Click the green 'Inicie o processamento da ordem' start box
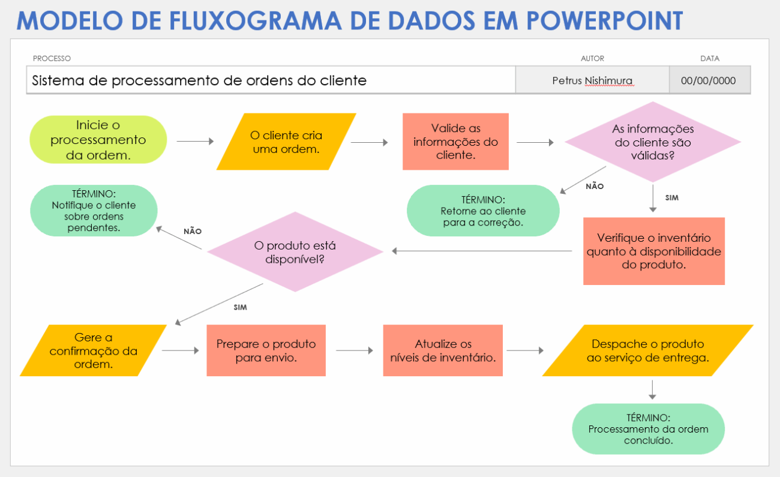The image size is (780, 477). click(98, 140)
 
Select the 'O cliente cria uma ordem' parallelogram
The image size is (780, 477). click(286, 142)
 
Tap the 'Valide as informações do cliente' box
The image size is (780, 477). click(455, 142)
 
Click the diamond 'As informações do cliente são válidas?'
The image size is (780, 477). click(653, 142)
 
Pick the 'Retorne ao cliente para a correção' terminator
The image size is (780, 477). click(483, 211)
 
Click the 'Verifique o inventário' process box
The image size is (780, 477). click(653, 251)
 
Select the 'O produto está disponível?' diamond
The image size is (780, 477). click(295, 252)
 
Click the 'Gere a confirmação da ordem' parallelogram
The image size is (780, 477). click(93, 351)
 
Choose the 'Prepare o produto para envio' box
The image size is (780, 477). click(266, 351)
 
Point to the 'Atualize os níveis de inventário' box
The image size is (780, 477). click(443, 351)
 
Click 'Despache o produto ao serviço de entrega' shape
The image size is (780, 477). click(647, 351)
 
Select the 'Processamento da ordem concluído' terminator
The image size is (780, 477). click(648, 429)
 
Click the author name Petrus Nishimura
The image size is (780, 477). click(592, 80)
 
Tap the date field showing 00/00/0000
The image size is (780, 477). click(709, 80)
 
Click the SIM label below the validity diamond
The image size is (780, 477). click(672, 197)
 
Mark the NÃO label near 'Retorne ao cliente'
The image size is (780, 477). click(595, 187)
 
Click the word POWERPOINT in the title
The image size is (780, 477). click(605, 20)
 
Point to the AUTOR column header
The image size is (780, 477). click(592, 58)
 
